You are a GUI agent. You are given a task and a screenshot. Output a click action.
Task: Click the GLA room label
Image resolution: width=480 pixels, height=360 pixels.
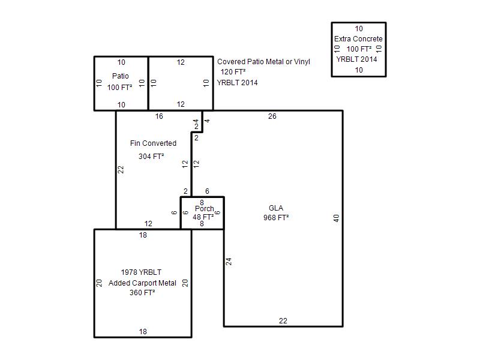(276, 208)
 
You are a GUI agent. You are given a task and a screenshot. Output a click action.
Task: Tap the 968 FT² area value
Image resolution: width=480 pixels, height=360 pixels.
(276, 218)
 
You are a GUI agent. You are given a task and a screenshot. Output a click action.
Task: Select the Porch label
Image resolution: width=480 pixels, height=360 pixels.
(205, 209)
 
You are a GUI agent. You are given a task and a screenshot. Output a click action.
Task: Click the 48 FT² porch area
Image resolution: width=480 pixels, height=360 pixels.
(203, 217)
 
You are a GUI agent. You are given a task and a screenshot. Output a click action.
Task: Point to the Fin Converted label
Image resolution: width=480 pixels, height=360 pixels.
(153, 143)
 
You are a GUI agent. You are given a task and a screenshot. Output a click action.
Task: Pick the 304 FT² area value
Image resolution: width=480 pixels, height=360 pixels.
(151, 157)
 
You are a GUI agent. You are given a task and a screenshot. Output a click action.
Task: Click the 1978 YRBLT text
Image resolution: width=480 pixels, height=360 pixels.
(141, 272)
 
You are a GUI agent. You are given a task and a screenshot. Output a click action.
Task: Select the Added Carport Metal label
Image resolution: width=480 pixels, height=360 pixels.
(142, 283)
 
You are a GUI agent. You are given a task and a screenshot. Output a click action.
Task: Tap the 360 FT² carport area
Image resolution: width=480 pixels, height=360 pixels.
(142, 293)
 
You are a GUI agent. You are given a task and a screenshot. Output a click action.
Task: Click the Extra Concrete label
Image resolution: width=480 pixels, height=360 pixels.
(358, 39)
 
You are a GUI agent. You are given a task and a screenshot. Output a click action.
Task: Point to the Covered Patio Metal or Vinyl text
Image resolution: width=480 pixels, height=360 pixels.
(263, 62)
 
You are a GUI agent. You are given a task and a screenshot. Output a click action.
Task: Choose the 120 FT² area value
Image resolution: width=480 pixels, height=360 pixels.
(233, 72)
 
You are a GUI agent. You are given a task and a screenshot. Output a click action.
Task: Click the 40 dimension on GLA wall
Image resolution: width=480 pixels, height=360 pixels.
(336, 218)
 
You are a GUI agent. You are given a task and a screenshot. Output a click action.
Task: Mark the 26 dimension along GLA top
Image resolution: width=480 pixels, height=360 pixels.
(272, 116)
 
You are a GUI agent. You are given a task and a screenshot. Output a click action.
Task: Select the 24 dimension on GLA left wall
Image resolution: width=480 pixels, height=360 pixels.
(229, 262)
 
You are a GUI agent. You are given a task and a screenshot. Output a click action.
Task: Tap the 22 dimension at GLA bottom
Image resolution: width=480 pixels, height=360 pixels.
(283, 321)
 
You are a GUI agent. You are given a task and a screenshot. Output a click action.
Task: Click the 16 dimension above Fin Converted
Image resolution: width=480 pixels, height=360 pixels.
(159, 116)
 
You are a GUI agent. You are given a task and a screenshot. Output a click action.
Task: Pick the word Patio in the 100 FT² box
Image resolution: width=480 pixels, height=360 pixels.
(121, 76)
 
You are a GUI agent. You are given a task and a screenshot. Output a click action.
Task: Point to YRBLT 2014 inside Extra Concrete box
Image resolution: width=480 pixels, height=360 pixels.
(356, 59)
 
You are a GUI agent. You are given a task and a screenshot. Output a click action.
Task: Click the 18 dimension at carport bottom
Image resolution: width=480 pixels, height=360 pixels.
(143, 332)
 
